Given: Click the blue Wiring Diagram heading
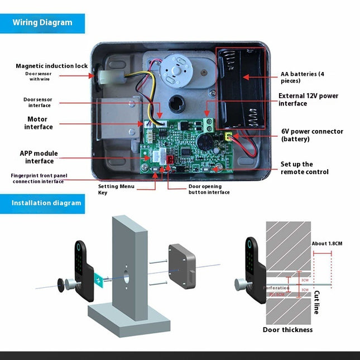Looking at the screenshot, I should click(x=42, y=23).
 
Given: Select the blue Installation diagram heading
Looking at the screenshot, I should click(x=46, y=203).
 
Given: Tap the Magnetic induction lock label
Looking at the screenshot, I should click(x=51, y=66).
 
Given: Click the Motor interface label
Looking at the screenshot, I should click(x=39, y=123).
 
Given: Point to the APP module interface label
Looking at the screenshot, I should click(x=39, y=157).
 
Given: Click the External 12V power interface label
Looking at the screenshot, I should click(x=308, y=99).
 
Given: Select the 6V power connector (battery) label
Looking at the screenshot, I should click(x=311, y=135).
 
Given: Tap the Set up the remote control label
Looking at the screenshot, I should click(x=304, y=168).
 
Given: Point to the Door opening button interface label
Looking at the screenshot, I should click(x=208, y=189).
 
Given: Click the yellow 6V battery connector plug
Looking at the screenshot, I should click(x=228, y=136).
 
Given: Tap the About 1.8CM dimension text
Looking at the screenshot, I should click(x=326, y=243).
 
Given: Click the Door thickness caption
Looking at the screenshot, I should click(x=287, y=329).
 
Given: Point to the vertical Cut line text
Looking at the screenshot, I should click(x=316, y=301).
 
